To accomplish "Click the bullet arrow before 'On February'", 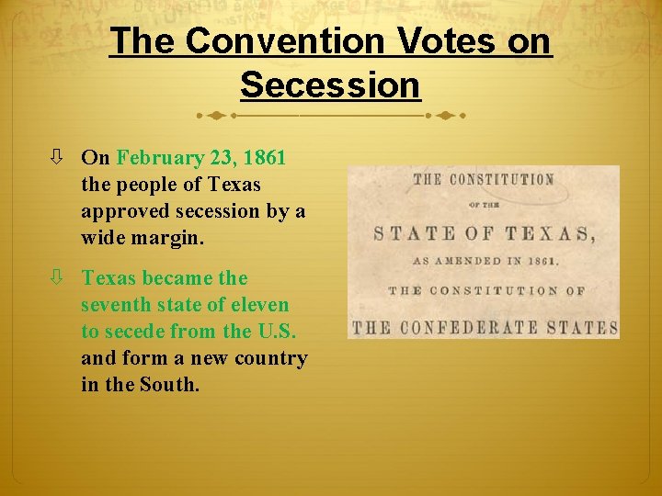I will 58,158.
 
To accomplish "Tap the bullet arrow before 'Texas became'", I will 58,277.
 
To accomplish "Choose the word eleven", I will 263,304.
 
